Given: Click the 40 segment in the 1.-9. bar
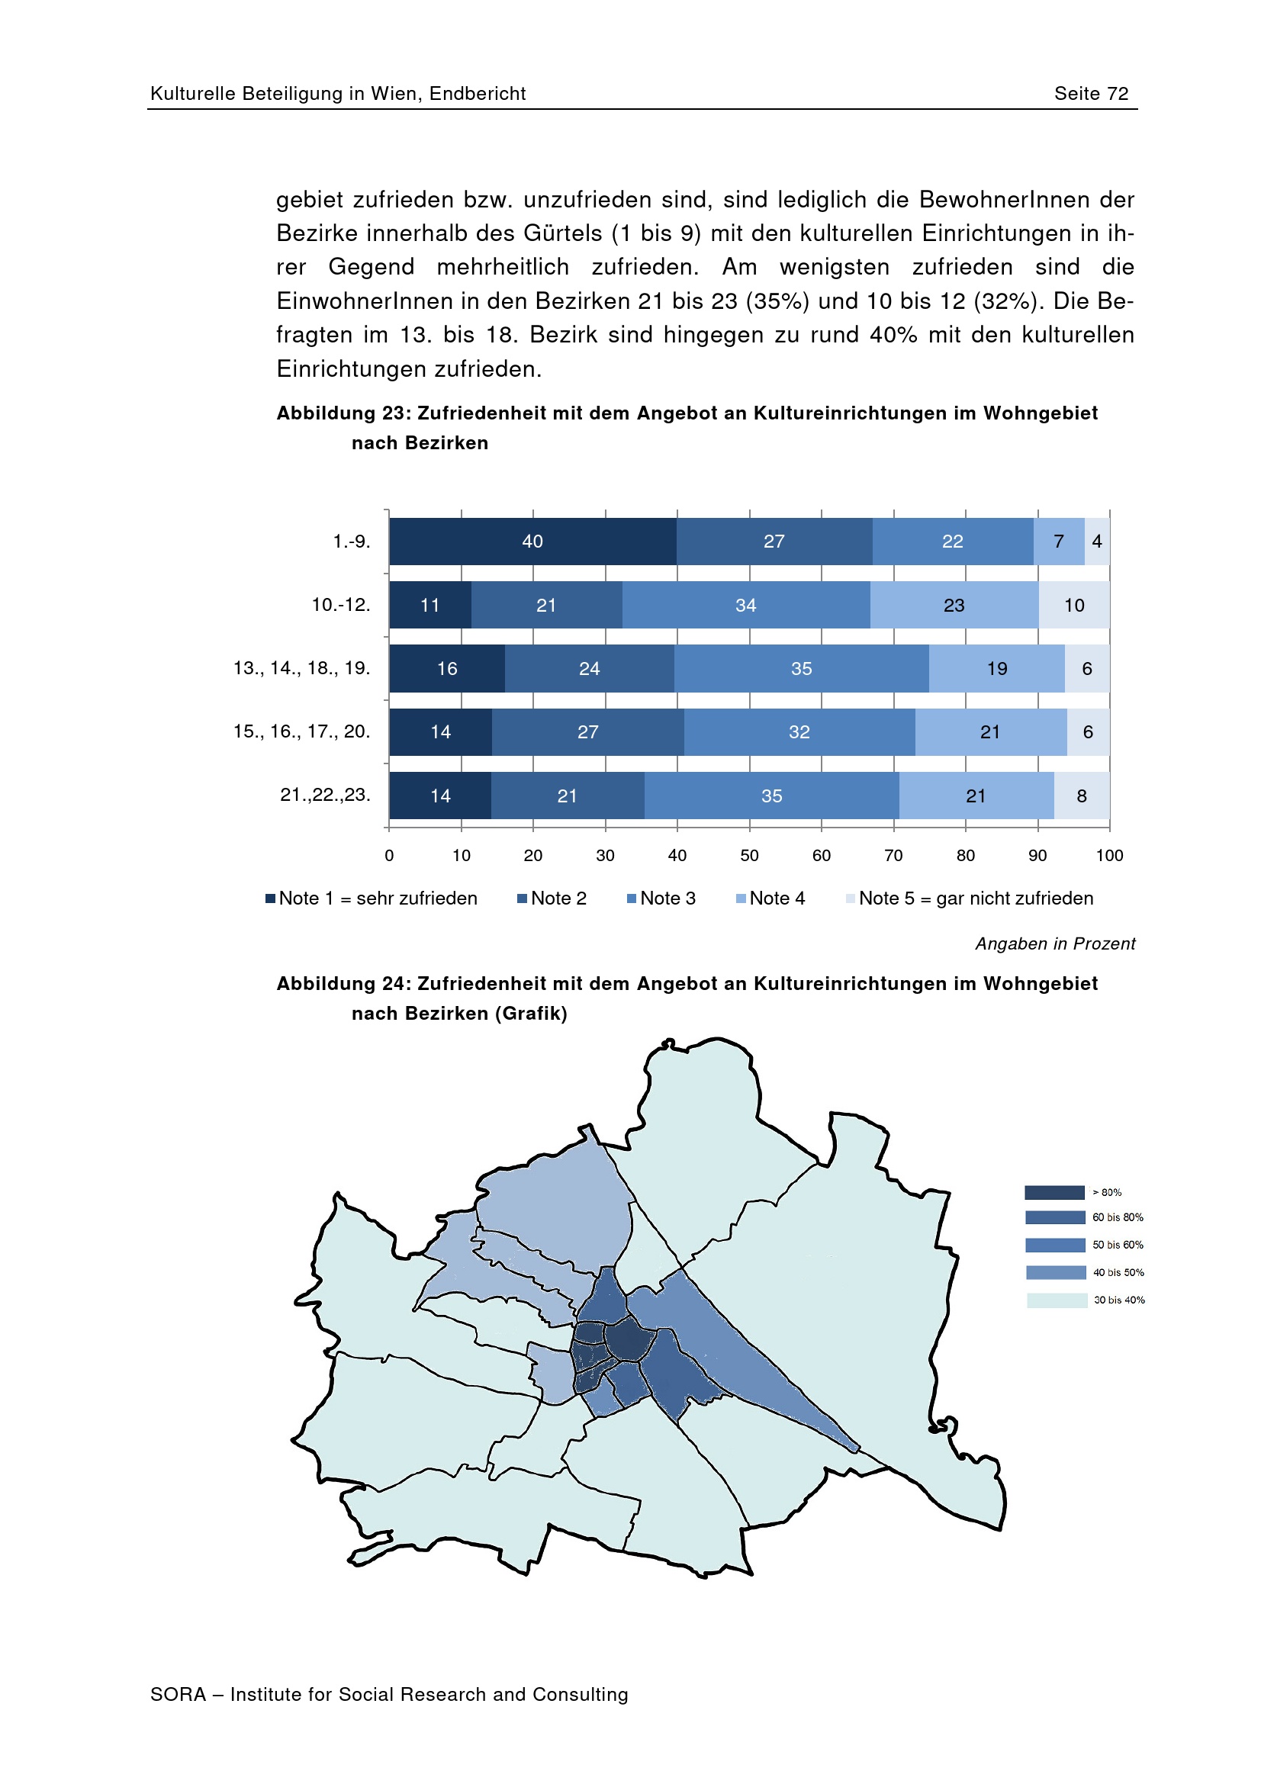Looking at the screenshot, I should [x=532, y=542].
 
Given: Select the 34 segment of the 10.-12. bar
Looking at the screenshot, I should [x=746, y=606].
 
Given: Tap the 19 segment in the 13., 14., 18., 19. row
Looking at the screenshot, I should [x=997, y=668].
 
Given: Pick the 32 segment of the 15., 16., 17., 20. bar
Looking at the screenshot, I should [x=799, y=732].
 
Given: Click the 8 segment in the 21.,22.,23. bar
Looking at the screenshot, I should [x=1082, y=796].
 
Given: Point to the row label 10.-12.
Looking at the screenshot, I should [x=341, y=605].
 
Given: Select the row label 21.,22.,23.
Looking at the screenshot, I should [x=325, y=795].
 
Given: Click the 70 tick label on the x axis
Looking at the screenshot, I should [x=893, y=856].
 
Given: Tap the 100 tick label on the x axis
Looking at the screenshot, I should [x=1109, y=856].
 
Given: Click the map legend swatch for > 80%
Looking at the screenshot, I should [x=1054, y=1192].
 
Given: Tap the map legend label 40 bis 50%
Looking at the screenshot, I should [x=1118, y=1272].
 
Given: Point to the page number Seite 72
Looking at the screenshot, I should [x=1091, y=94].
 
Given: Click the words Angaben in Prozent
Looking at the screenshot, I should [x=1055, y=943].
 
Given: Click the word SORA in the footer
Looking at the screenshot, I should [x=178, y=1694].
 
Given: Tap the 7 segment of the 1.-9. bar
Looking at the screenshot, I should [x=1058, y=542].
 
